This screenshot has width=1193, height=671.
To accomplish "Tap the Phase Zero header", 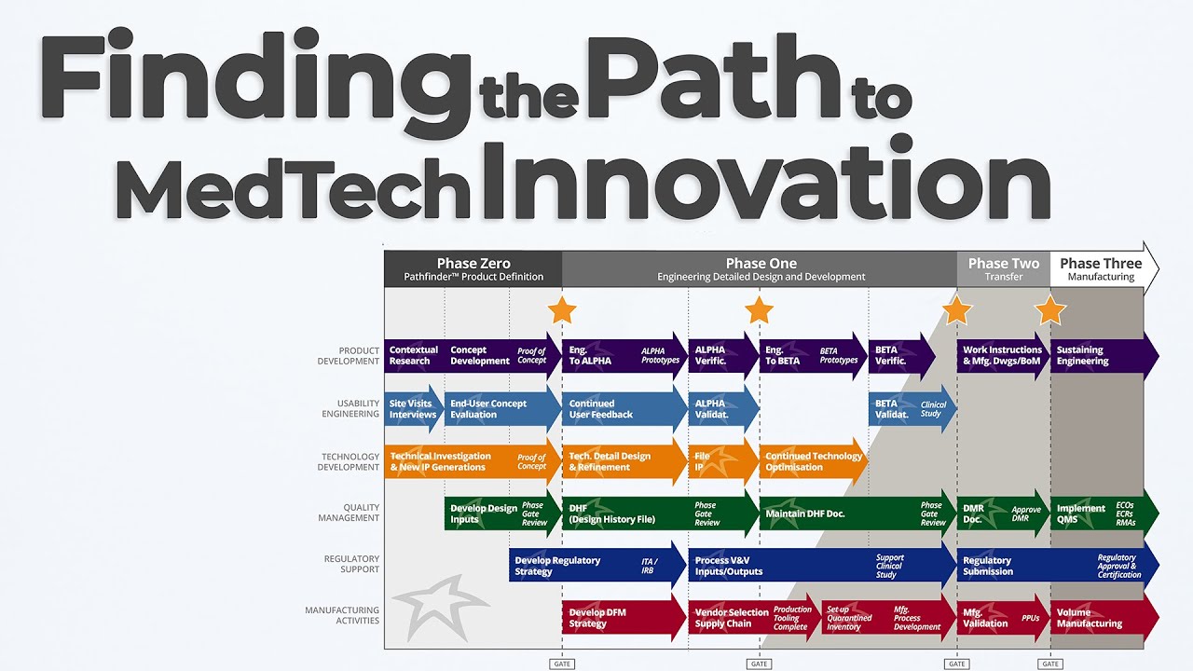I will tap(473, 268).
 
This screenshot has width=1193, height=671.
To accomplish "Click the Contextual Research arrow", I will tap(412, 356).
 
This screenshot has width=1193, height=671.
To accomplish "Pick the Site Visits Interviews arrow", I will tap(413, 409).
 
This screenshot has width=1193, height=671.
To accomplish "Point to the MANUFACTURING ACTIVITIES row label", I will tap(342, 616).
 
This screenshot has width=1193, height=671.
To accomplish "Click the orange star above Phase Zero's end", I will tap(562, 310).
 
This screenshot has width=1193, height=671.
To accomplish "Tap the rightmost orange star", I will tap(1050, 310).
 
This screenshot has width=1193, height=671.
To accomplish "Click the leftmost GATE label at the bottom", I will tap(562, 664).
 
